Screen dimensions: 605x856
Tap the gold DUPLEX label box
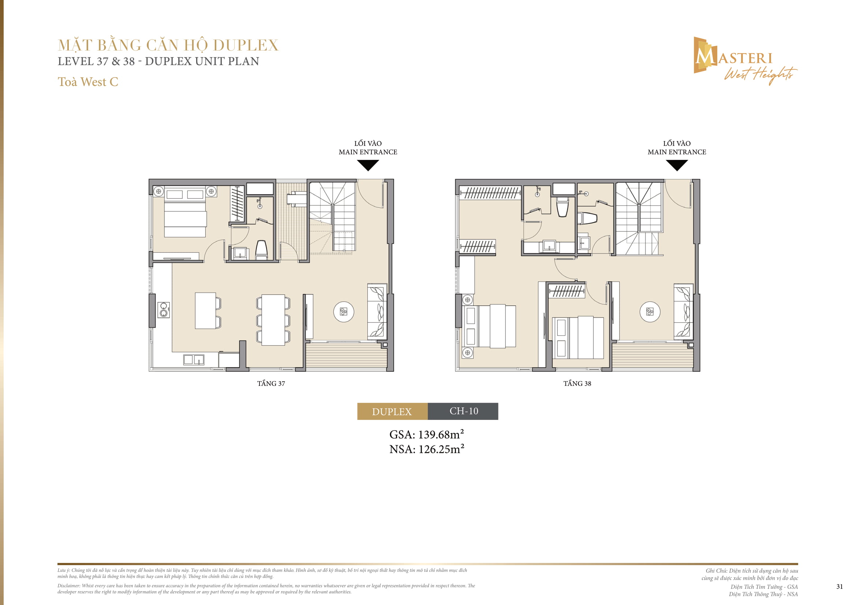point(392,411)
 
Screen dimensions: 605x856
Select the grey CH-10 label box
point(463,411)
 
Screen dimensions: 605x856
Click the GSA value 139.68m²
point(441,435)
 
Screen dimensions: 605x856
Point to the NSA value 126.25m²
point(441,449)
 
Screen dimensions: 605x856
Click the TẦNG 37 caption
point(271,383)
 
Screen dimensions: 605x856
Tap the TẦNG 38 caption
point(577,383)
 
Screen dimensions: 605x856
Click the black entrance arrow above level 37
point(368,165)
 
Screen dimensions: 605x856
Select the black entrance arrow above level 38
point(677,165)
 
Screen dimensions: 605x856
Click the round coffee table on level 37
point(344,312)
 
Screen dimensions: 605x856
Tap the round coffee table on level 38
point(650,312)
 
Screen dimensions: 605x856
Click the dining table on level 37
point(273,320)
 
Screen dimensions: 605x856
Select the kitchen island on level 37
point(205,310)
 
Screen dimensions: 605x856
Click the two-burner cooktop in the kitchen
point(164,310)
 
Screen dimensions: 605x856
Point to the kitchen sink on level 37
point(194,360)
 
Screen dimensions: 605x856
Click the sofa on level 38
point(683,311)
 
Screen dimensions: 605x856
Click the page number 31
point(839,586)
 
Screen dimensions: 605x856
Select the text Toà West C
point(88,82)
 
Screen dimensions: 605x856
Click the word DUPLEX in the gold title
point(246,45)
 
